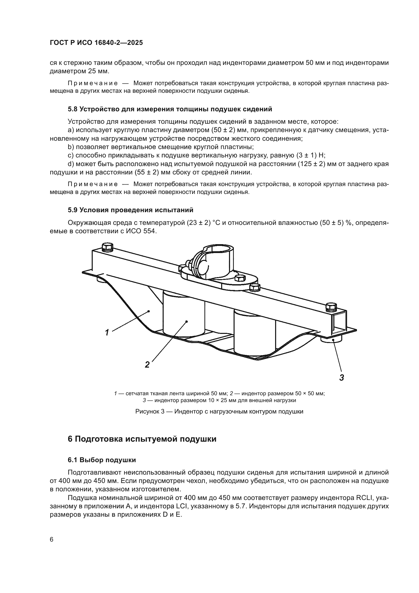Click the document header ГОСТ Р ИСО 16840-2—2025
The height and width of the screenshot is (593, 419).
[x=96, y=43]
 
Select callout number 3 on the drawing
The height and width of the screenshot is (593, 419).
[x=341, y=378]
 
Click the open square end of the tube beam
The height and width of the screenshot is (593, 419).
[x=339, y=324]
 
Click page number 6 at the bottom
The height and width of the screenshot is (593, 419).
[x=52, y=540]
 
